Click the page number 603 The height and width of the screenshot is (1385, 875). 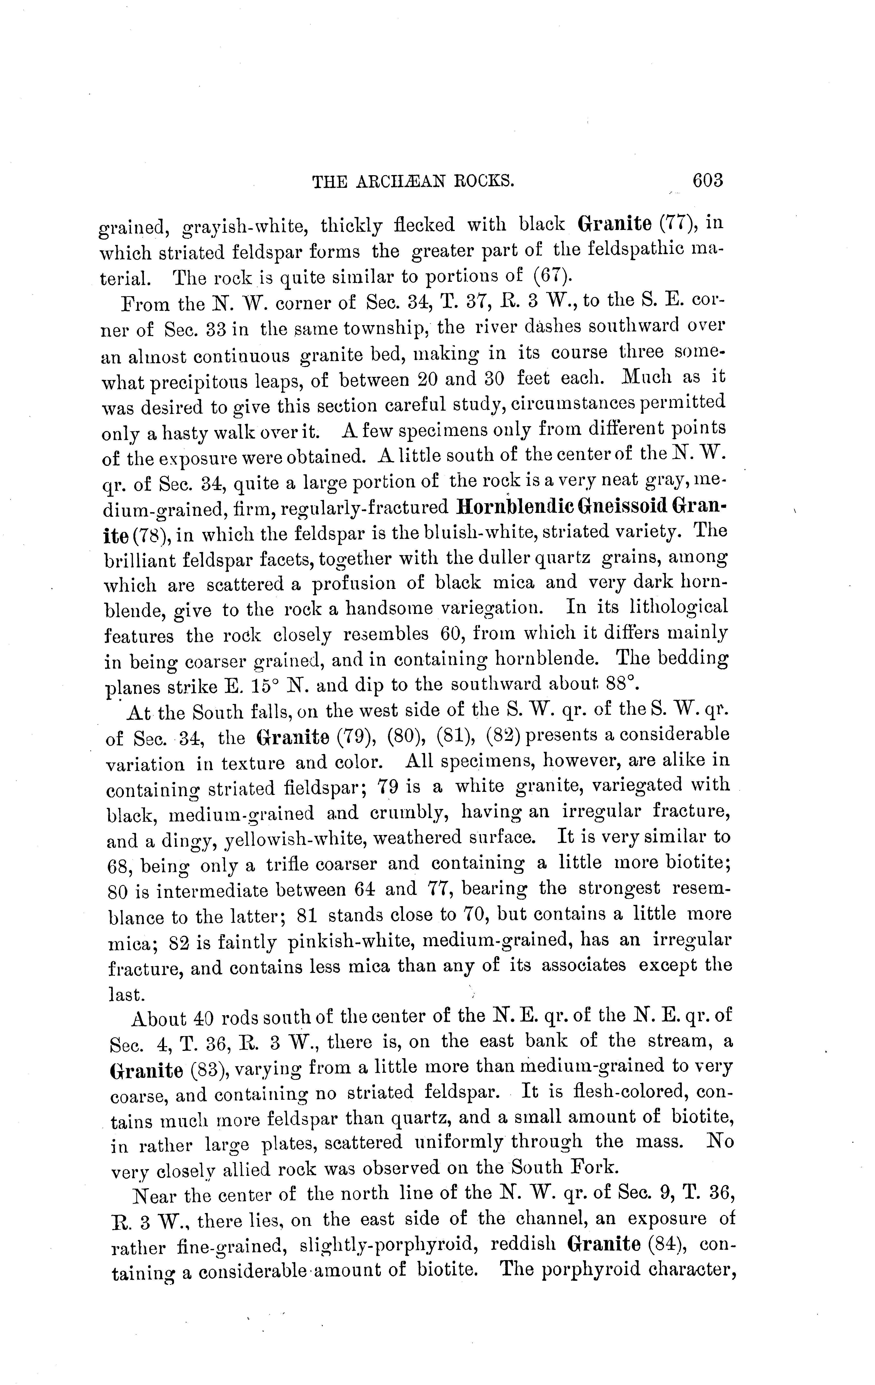pyautogui.click(x=707, y=181)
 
